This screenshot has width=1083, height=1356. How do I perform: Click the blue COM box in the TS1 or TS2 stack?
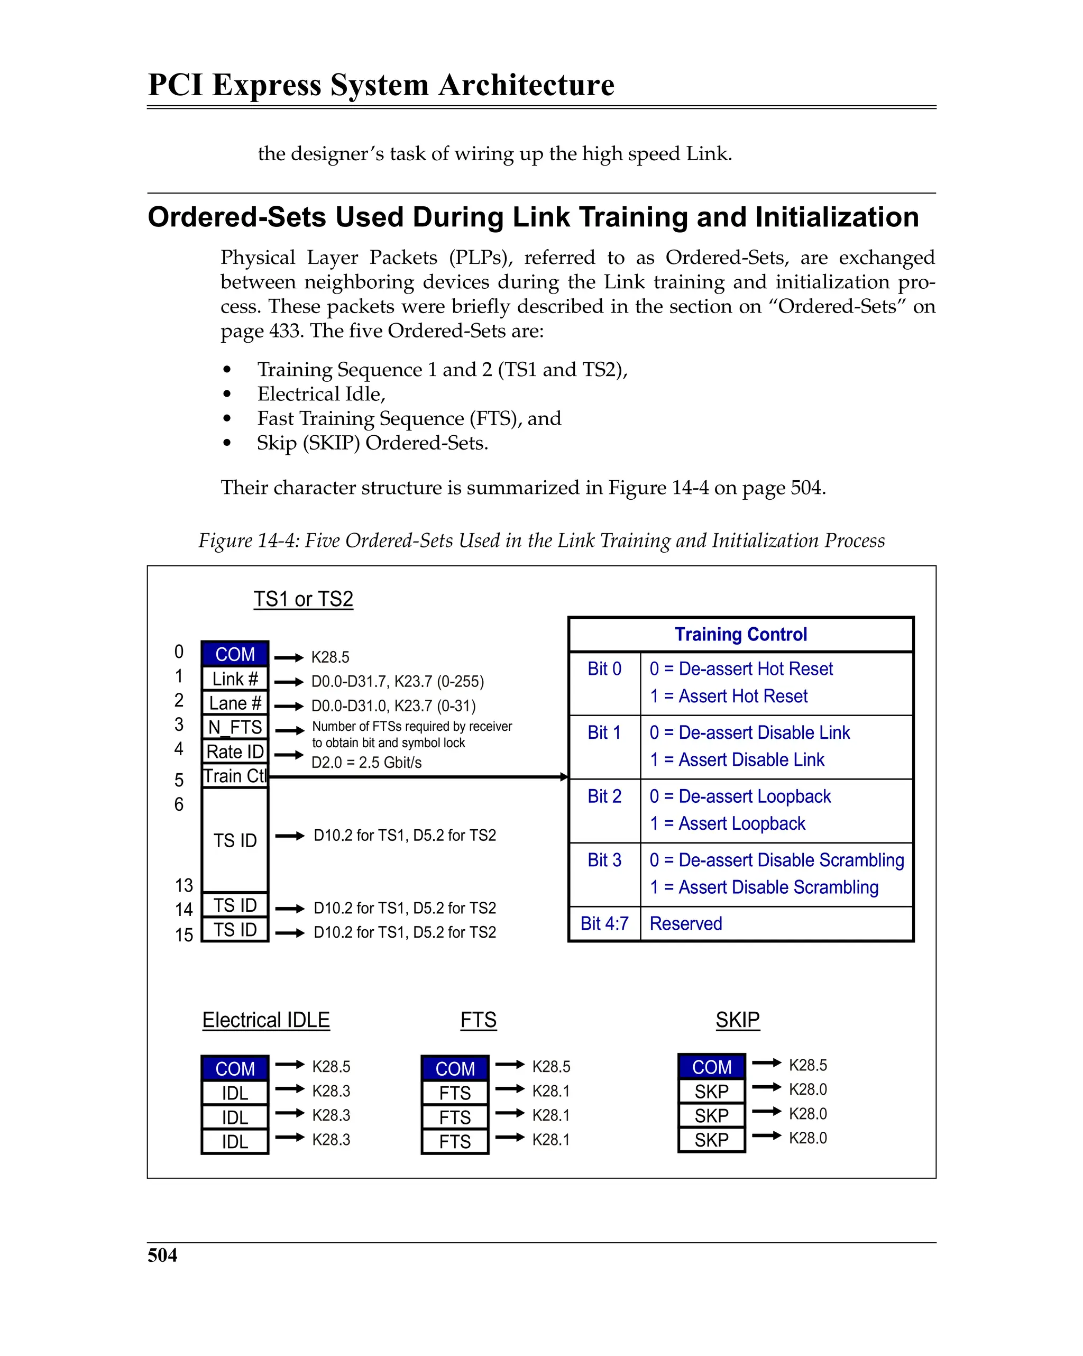click(235, 654)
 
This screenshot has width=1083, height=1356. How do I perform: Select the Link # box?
click(235, 679)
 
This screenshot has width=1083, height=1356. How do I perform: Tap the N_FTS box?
click(235, 727)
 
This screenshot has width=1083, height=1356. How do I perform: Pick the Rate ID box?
click(235, 752)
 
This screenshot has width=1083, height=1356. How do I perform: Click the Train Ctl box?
click(235, 776)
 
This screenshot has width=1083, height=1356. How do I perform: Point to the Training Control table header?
click(740, 634)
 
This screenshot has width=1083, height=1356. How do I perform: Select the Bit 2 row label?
click(604, 796)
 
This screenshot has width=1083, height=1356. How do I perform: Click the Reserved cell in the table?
click(685, 923)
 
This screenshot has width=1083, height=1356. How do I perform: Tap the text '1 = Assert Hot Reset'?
click(728, 696)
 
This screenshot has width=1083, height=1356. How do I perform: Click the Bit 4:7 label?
click(604, 923)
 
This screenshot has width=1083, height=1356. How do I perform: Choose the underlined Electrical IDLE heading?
click(266, 1020)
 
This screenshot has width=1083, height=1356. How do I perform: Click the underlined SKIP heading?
click(737, 1020)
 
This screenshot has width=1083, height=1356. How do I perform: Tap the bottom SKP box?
click(711, 1140)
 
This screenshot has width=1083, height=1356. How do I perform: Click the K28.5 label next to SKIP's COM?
click(807, 1065)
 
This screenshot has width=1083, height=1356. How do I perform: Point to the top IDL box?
click(235, 1093)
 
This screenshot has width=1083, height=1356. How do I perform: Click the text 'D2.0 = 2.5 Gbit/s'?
click(366, 762)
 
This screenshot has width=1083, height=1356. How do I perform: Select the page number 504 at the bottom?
click(162, 1255)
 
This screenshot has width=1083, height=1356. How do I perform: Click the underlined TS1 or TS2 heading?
click(303, 599)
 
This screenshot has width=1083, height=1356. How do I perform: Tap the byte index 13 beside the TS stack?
click(183, 885)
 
